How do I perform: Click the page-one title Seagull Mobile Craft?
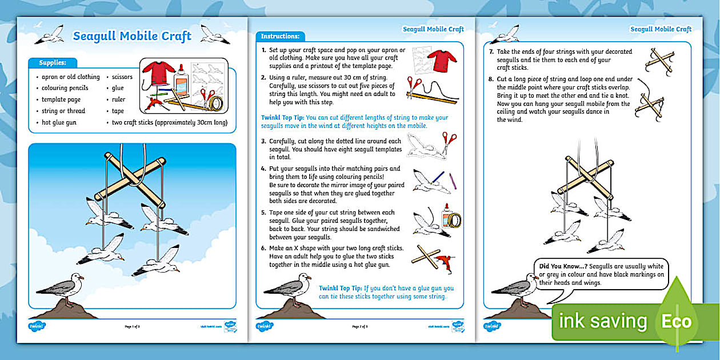tap(132, 37)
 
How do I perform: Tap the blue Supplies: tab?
tap(53, 63)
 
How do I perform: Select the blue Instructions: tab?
tap(280, 37)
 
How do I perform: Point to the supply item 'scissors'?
tap(122, 77)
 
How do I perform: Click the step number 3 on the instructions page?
tap(263, 140)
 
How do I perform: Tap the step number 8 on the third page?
tap(491, 78)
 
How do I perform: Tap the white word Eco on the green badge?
tap(677, 321)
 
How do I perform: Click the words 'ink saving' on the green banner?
tap(602, 322)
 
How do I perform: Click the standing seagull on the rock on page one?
tap(63, 288)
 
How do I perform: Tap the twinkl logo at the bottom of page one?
tap(37, 326)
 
